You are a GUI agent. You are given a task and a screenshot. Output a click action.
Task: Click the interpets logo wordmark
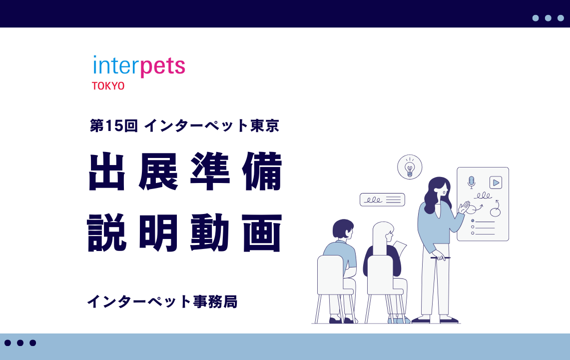coord(139,66)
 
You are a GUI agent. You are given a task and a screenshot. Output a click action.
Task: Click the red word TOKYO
coord(108,86)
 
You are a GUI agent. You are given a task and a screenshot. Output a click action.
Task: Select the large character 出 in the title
coord(107,171)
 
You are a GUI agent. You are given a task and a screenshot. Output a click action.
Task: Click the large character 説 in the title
coord(107,232)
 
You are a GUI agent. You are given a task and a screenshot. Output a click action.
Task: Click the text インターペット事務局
coord(162,301)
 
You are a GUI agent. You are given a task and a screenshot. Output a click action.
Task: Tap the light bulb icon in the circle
coord(410,167)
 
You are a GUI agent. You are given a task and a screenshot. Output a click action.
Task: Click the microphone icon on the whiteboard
coord(471,181)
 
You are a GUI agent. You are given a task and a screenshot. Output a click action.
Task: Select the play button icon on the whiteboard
coord(496,182)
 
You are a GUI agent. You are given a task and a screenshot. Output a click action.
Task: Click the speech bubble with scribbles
coord(382,199)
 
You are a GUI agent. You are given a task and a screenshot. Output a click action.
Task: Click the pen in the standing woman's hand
coord(440,258)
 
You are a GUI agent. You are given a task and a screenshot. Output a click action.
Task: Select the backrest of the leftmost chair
coord(331,272)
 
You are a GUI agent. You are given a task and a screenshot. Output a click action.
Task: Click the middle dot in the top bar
coord(548,18)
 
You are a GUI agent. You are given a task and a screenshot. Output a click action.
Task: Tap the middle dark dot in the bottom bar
coord(20,343)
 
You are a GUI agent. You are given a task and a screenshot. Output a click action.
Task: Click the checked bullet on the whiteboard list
coord(473,220)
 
